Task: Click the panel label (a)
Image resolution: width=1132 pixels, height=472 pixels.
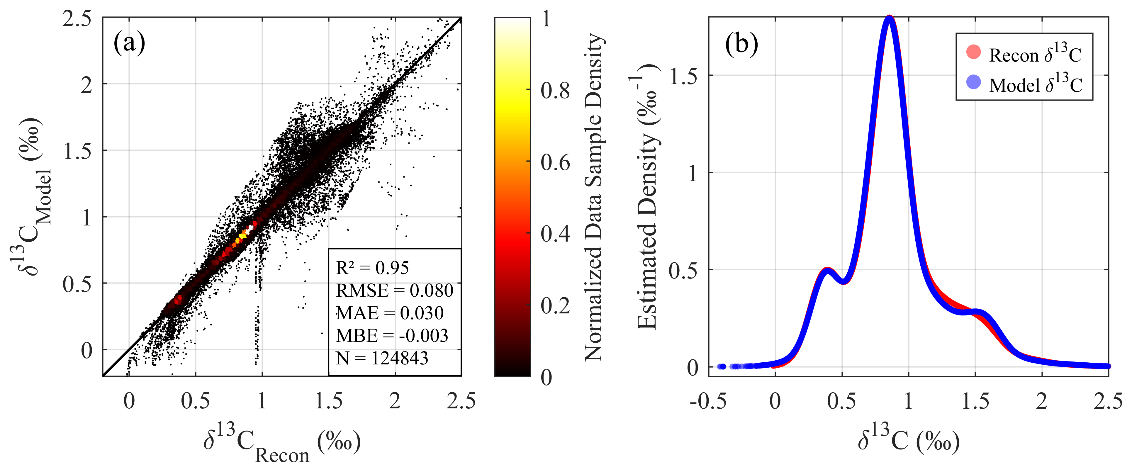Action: pos(129,43)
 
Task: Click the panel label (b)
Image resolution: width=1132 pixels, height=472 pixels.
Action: pos(742,43)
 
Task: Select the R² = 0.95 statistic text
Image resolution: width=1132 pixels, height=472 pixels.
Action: pos(372,268)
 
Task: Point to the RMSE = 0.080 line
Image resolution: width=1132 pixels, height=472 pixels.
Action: pos(394,291)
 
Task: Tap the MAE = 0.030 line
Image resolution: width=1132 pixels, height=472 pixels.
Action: pos(390,313)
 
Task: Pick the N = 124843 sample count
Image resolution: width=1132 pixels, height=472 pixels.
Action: pos(382,358)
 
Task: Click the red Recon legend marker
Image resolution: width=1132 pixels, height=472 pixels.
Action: pos(974,52)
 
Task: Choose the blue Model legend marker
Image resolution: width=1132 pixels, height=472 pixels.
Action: pos(974,82)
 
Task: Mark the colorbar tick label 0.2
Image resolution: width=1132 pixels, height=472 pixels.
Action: pos(555,305)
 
